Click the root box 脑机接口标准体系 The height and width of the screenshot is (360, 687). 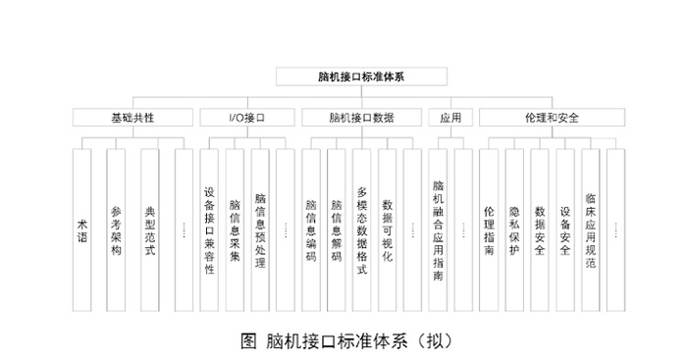click(x=362, y=75)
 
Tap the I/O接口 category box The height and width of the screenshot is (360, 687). click(x=246, y=117)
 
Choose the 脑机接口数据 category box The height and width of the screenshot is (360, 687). click(x=361, y=117)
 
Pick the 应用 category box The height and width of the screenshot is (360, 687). click(x=451, y=117)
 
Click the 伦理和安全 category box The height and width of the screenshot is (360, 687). click(x=551, y=117)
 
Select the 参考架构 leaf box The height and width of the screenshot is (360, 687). click(x=116, y=231)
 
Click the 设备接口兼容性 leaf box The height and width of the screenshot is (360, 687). click(x=209, y=231)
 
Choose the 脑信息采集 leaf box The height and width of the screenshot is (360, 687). click(x=235, y=231)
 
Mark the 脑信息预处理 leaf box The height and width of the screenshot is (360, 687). click(x=260, y=231)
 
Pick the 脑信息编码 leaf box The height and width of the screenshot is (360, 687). click(x=311, y=231)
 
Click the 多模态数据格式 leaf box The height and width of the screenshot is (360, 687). click(x=362, y=231)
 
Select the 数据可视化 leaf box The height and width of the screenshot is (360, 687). click(x=387, y=231)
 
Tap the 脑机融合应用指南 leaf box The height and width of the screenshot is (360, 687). click(x=439, y=231)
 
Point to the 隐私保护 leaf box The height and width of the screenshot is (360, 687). click(x=514, y=231)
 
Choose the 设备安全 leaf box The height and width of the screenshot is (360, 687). click(x=565, y=231)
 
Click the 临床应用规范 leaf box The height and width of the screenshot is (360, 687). click(x=590, y=231)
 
